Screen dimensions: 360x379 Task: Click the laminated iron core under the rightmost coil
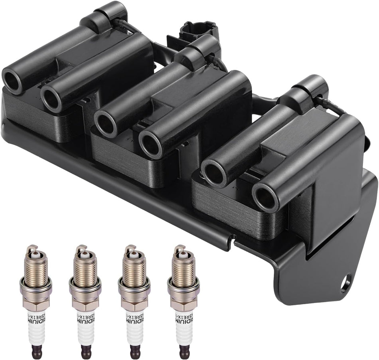pos(235,208)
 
